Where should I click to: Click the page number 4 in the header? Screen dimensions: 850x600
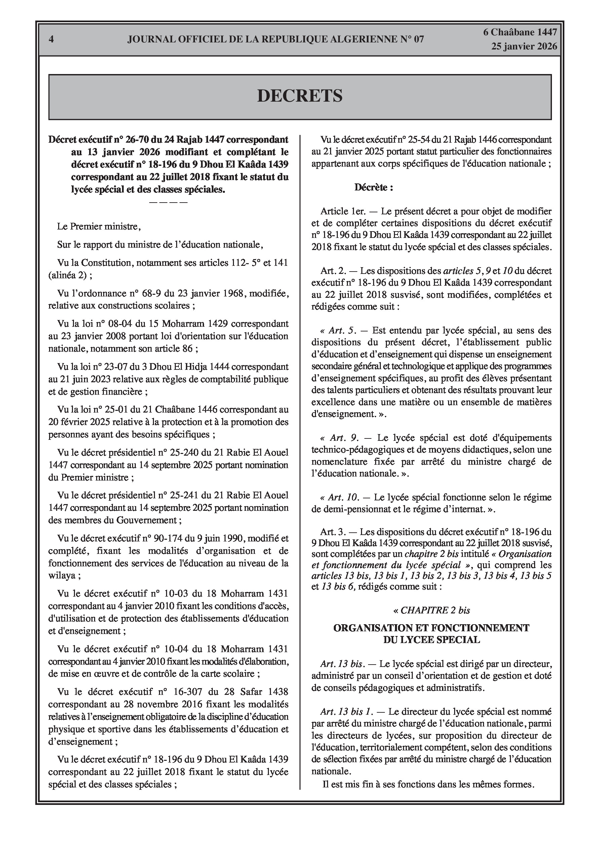[51, 39]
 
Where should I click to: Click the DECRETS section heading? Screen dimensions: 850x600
[299, 96]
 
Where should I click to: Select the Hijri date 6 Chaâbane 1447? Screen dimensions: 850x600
[520, 33]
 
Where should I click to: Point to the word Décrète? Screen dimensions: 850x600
[373, 187]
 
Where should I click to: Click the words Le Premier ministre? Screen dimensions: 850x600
[99, 226]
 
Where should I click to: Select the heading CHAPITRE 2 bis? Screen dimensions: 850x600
[431, 610]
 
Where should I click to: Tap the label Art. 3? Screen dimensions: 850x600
[332, 532]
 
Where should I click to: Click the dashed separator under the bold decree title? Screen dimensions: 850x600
[168, 202]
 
